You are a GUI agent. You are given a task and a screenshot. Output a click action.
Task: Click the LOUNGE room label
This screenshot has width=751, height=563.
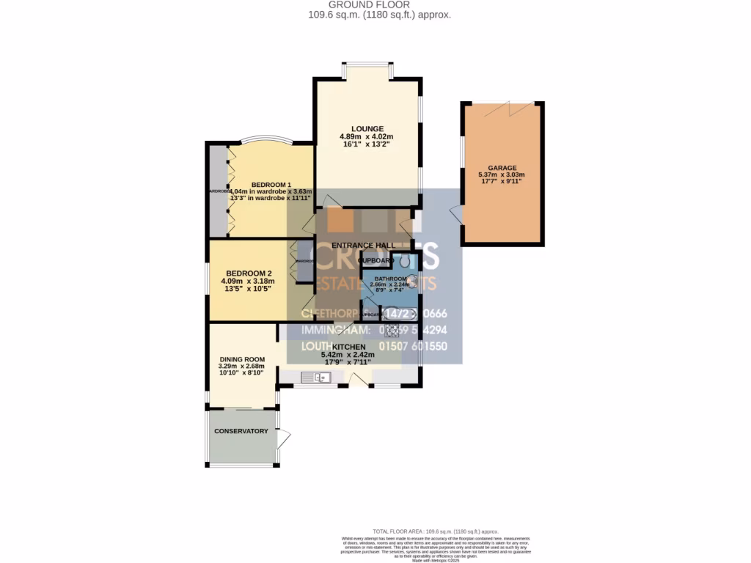[366, 129]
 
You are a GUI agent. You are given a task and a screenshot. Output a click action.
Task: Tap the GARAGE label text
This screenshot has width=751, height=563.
[502, 167]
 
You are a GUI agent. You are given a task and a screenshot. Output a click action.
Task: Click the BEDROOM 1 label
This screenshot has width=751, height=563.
[271, 185]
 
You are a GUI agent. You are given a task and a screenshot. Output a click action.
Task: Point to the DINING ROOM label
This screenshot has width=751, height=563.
[241, 358]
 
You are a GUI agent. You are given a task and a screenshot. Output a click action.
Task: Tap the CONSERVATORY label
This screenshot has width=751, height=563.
[241, 431]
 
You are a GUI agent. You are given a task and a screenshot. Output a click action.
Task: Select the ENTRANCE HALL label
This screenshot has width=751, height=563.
[364, 245]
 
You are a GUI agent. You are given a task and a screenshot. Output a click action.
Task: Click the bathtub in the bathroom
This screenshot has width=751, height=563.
[400, 314]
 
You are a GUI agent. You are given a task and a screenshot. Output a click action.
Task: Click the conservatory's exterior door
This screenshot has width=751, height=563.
[285, 439]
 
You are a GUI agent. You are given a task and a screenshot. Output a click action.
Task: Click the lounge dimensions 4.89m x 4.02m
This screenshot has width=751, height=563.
[366, 137]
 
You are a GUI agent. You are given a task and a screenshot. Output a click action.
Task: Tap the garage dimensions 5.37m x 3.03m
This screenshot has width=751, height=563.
[502, 174]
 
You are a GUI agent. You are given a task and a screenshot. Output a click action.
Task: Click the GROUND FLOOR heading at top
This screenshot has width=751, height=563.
[375, 4]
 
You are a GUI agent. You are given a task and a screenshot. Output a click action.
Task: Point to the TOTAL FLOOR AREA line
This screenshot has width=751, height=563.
[436, 531]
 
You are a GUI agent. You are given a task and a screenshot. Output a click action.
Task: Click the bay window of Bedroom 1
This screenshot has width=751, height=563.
[260, 140]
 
